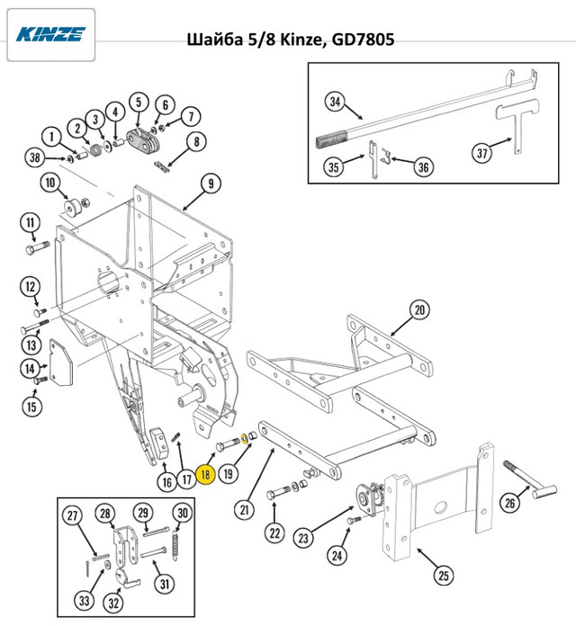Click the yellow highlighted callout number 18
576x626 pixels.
tap(206, 475)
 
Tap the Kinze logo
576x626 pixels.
tap(50, 34)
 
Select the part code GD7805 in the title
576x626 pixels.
tap(363, 40)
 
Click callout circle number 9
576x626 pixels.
tap(211, 183)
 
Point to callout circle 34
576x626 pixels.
tap(335, 102)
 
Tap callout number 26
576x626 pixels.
tap(509, 503)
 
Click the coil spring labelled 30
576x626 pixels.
tap(175, 545)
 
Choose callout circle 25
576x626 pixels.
tap(444, 576)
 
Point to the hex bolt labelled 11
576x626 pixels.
tap(37, 246)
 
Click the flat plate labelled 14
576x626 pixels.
tap(60, 362)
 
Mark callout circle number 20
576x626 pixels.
tap(419, 309)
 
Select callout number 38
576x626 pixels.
tap(35, 157)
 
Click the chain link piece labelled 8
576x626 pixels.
tap(162, 166)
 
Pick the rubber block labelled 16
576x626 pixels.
tap(159, 443)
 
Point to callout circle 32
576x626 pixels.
tap(113, 603)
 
